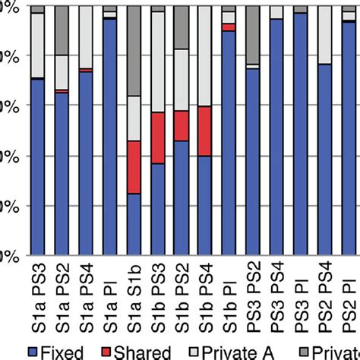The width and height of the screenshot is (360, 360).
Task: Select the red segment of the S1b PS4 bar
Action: tap(205, 131)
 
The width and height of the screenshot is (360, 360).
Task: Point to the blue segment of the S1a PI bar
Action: tap(110, 137)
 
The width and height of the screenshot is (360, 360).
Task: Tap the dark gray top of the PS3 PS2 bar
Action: tap(253, 34)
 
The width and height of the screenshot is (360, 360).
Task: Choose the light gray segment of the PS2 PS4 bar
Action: tap(324, 34)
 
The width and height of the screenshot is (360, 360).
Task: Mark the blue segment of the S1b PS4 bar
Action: tap(205, 205)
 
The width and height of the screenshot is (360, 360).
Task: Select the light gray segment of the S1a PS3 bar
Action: tap(38, 46)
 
